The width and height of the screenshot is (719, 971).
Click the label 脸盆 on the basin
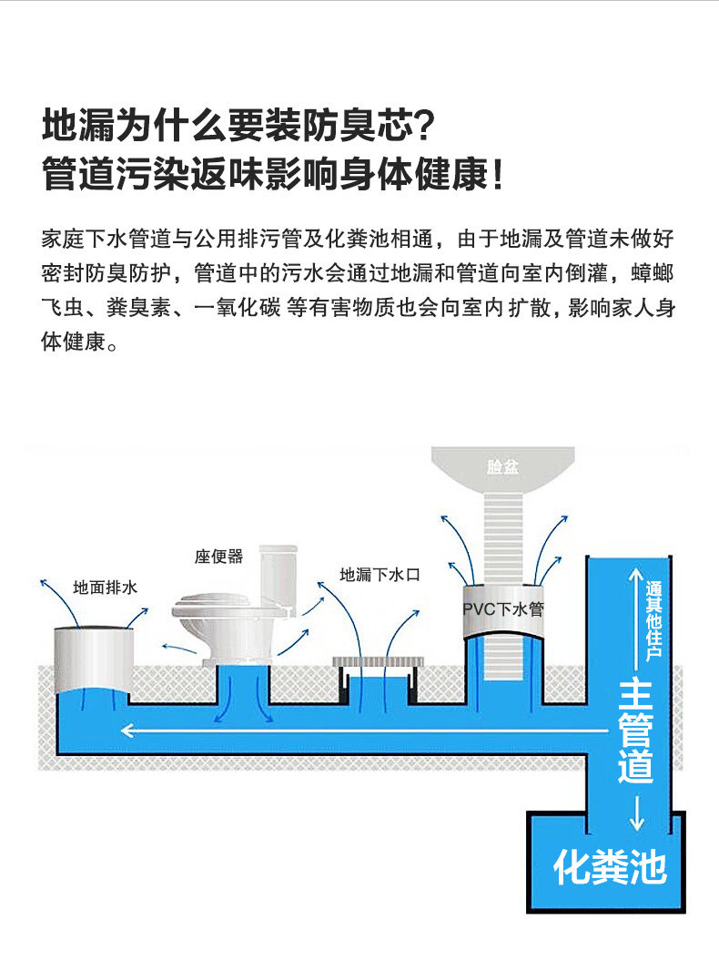pyautogui.click(x=502, y=467)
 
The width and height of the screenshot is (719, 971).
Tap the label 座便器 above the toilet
pyautogui.click(x=218, y=557)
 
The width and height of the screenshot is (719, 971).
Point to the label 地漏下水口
pyautogui.click(x=379, y=575)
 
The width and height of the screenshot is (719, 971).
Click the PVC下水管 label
pyautogui.click(x=503, y=608)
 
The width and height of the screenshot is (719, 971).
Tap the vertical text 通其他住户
pyautogui.click(x=654, y=620)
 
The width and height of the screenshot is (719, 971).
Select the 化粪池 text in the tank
pyautogui.click(x=610, y=867)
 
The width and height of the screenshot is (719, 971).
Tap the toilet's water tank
pyautogui.click(x=278, y=574)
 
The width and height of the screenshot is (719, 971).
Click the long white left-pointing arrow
pyautogui.click(x=364, y=730)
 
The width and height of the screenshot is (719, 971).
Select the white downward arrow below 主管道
pyautogui.click(x=636, y=811)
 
